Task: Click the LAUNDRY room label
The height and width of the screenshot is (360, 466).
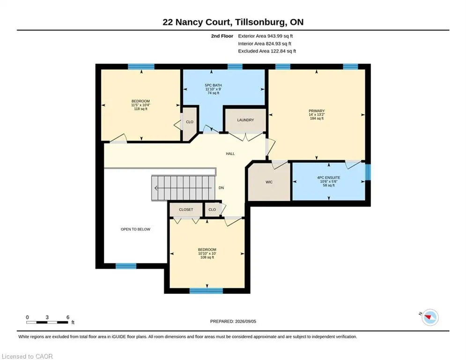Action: (245, 120)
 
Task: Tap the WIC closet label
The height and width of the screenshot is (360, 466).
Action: (269, 182)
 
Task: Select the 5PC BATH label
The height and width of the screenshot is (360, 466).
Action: (214, 85)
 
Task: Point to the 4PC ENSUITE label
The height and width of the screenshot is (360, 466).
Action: (328, 178)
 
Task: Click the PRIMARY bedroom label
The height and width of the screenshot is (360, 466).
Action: (317, 111)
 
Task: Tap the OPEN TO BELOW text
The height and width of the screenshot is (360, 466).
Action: (135, 229)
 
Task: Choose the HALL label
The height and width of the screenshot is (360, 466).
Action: (230, 154)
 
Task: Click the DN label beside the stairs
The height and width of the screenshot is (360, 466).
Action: (221, 188)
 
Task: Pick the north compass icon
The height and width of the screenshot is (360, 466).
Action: (430, 317)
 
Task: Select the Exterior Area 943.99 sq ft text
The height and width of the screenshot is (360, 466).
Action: (266, 36)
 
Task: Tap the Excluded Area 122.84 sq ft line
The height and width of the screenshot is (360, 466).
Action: (267, 51)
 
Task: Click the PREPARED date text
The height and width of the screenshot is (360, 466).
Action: (233, 321)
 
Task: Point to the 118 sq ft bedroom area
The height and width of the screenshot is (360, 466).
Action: (141, 109)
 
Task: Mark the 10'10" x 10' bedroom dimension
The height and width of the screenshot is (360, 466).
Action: (207, 254)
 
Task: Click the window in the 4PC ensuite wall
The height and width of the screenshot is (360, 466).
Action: (368, 172)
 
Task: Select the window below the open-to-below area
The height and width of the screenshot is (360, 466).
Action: (126, 266)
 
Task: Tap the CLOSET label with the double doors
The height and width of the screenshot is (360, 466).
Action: (186, 210)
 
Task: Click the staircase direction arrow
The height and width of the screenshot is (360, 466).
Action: (183, 188)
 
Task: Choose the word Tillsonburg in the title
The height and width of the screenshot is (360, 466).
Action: (258, 22)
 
